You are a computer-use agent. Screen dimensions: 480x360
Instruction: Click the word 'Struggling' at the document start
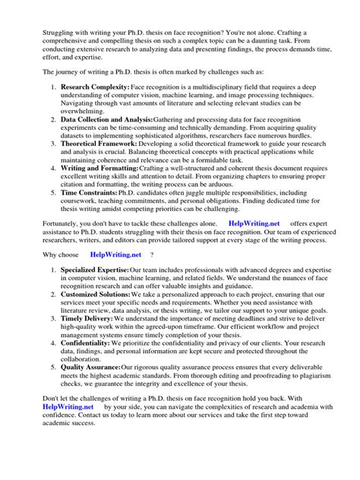point(43,14)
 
